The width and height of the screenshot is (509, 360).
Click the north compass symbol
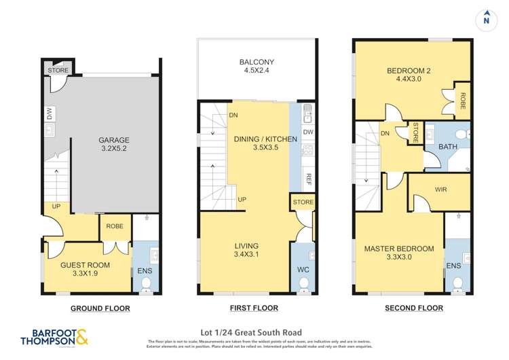click(486, 18)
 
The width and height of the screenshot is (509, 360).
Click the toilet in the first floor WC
click(304, 283)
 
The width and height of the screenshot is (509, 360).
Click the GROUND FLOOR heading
click(100, 308)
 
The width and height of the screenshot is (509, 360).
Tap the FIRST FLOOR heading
click(255, 308)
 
